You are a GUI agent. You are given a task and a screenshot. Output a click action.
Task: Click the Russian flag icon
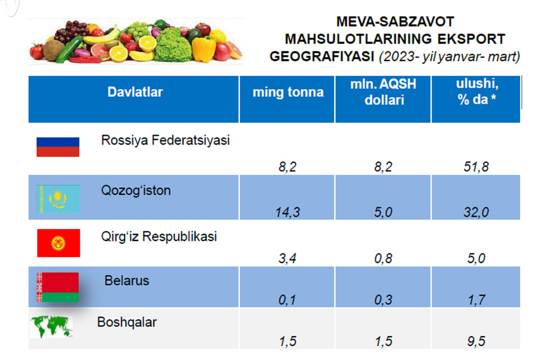point(58,147)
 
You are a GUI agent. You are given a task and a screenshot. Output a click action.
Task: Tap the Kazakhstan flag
point(59,199)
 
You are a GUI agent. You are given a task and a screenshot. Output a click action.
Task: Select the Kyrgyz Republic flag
point(59,243)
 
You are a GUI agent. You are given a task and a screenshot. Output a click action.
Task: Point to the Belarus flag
point(57,287)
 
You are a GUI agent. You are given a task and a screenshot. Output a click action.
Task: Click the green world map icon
point(51,327)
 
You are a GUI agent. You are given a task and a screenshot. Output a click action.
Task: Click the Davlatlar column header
point(135,92)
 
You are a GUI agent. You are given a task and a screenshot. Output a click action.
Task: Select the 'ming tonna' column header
point(288,92)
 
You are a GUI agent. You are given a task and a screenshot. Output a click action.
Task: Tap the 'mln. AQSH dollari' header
point(383,92)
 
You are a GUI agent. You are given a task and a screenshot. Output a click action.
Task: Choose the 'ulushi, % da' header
point(476,91)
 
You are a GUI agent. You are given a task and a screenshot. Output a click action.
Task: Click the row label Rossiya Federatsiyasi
point(166,141)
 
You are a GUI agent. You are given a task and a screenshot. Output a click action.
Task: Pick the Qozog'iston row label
point(136,191)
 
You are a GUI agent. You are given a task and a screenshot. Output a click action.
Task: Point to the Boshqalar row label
point(127,322)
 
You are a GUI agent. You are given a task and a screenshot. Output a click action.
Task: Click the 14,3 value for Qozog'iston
point(288,212)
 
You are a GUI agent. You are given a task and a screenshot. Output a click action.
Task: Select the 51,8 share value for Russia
point(476,167)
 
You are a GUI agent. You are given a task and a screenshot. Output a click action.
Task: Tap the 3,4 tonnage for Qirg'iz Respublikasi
point(288,258)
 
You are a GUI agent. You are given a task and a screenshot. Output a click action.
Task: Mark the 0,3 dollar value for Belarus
point(383,300)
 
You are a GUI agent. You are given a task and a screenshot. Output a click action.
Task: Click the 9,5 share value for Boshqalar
point(476,341)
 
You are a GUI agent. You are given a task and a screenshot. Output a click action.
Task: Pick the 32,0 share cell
point(476,212)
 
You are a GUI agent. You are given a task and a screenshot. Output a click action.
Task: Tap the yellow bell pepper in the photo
point(204,49)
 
